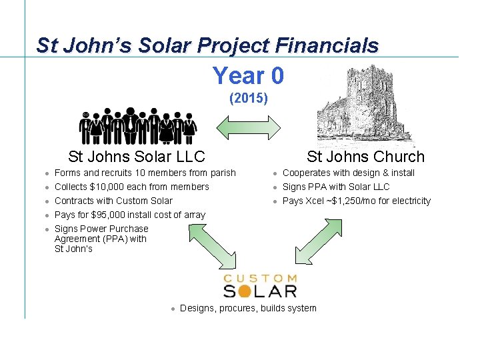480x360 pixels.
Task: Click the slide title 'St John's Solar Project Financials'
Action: pos(207,45)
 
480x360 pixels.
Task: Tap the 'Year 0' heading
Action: pos(248,75)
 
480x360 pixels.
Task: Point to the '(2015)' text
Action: pos(248,99)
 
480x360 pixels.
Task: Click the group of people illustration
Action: pos(138,125)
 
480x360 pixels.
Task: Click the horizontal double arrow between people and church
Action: pos(250,127)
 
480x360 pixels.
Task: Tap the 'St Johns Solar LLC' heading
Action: pos(137,157)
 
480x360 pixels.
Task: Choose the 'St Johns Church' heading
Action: pos(365,157)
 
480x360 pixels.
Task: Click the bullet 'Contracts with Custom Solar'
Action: pos(113,201)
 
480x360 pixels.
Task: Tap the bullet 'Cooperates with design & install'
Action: pos(349,173)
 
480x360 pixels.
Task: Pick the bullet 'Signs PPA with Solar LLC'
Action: pos(336,187)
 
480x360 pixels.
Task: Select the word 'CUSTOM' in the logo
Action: pos(260,277)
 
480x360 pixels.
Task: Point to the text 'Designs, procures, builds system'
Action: pos(248,308)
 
